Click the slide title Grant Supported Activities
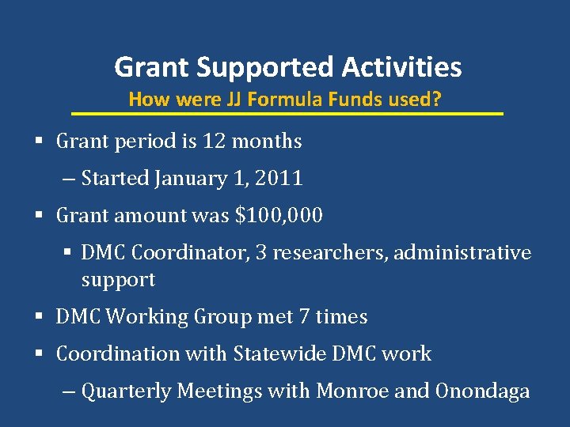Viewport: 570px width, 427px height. point(287,67)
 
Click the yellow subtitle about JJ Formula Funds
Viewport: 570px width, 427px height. point(285,100)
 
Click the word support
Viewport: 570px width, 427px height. point(118,280)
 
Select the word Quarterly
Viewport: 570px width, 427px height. point(127,391)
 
